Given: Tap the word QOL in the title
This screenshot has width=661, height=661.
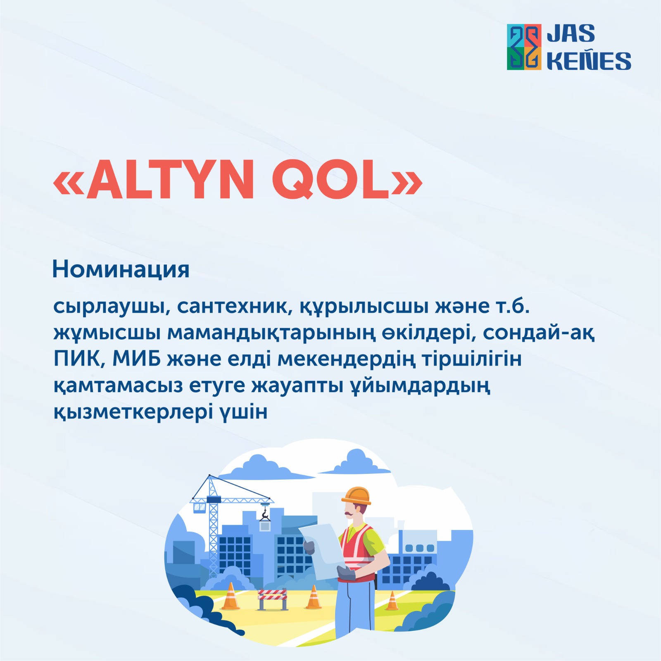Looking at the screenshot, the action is point(331,180).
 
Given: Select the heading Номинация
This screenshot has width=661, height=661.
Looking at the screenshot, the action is point(121,269).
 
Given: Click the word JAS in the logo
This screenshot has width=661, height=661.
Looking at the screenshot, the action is point(571,33).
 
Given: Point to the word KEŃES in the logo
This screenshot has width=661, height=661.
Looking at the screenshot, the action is point(589,60).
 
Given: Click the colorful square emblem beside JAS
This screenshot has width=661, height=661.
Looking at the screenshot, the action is point(524,47).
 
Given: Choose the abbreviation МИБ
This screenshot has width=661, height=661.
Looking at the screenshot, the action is point(137,359).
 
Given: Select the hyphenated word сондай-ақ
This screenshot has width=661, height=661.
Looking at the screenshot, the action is point(539,333).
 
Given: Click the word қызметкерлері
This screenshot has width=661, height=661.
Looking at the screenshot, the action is point(132,412).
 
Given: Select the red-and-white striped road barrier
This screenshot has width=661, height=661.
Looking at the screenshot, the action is point(273,598).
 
